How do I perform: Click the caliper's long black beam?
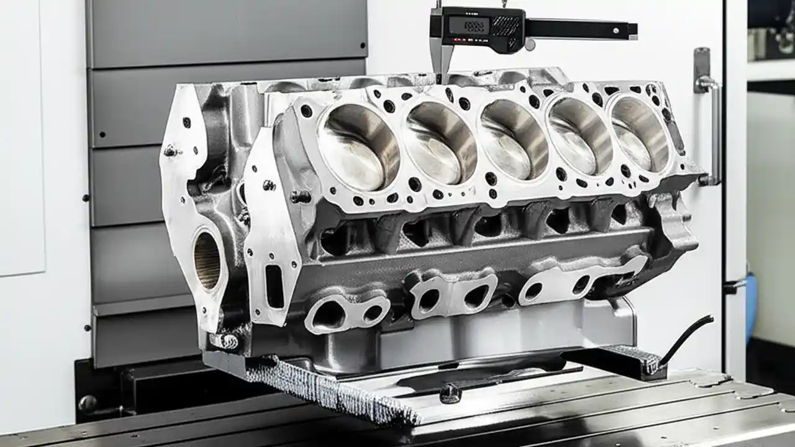click(x=581, y=29)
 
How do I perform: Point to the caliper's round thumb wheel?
click(x=530, y=45)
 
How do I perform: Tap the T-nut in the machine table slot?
click(x=450, y=392)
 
